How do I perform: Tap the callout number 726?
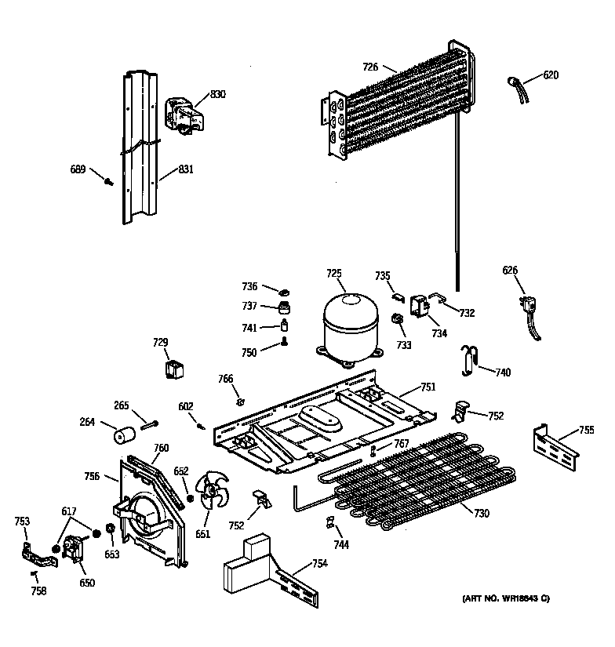click(x=370, y=67)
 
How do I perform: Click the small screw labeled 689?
click(x=109, y=182)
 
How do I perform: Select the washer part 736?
click(x=270, y=291)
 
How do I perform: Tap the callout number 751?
click(x=428, y=387)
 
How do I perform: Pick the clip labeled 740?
click(x=469, y=357)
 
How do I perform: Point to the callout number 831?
click(x=185, y=169)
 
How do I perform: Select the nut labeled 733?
click(x=398, y=319)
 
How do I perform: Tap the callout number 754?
click(x=319, y=563)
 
